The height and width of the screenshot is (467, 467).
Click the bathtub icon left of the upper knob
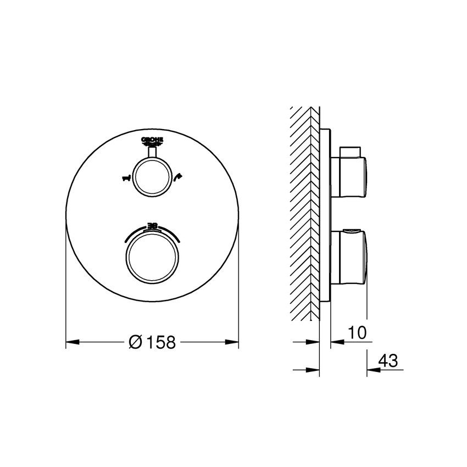(126, 177)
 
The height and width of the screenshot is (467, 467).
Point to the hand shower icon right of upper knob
(177, 177)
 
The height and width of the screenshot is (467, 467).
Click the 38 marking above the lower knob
(152, 225)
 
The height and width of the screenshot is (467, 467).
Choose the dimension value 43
(388, 360)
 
